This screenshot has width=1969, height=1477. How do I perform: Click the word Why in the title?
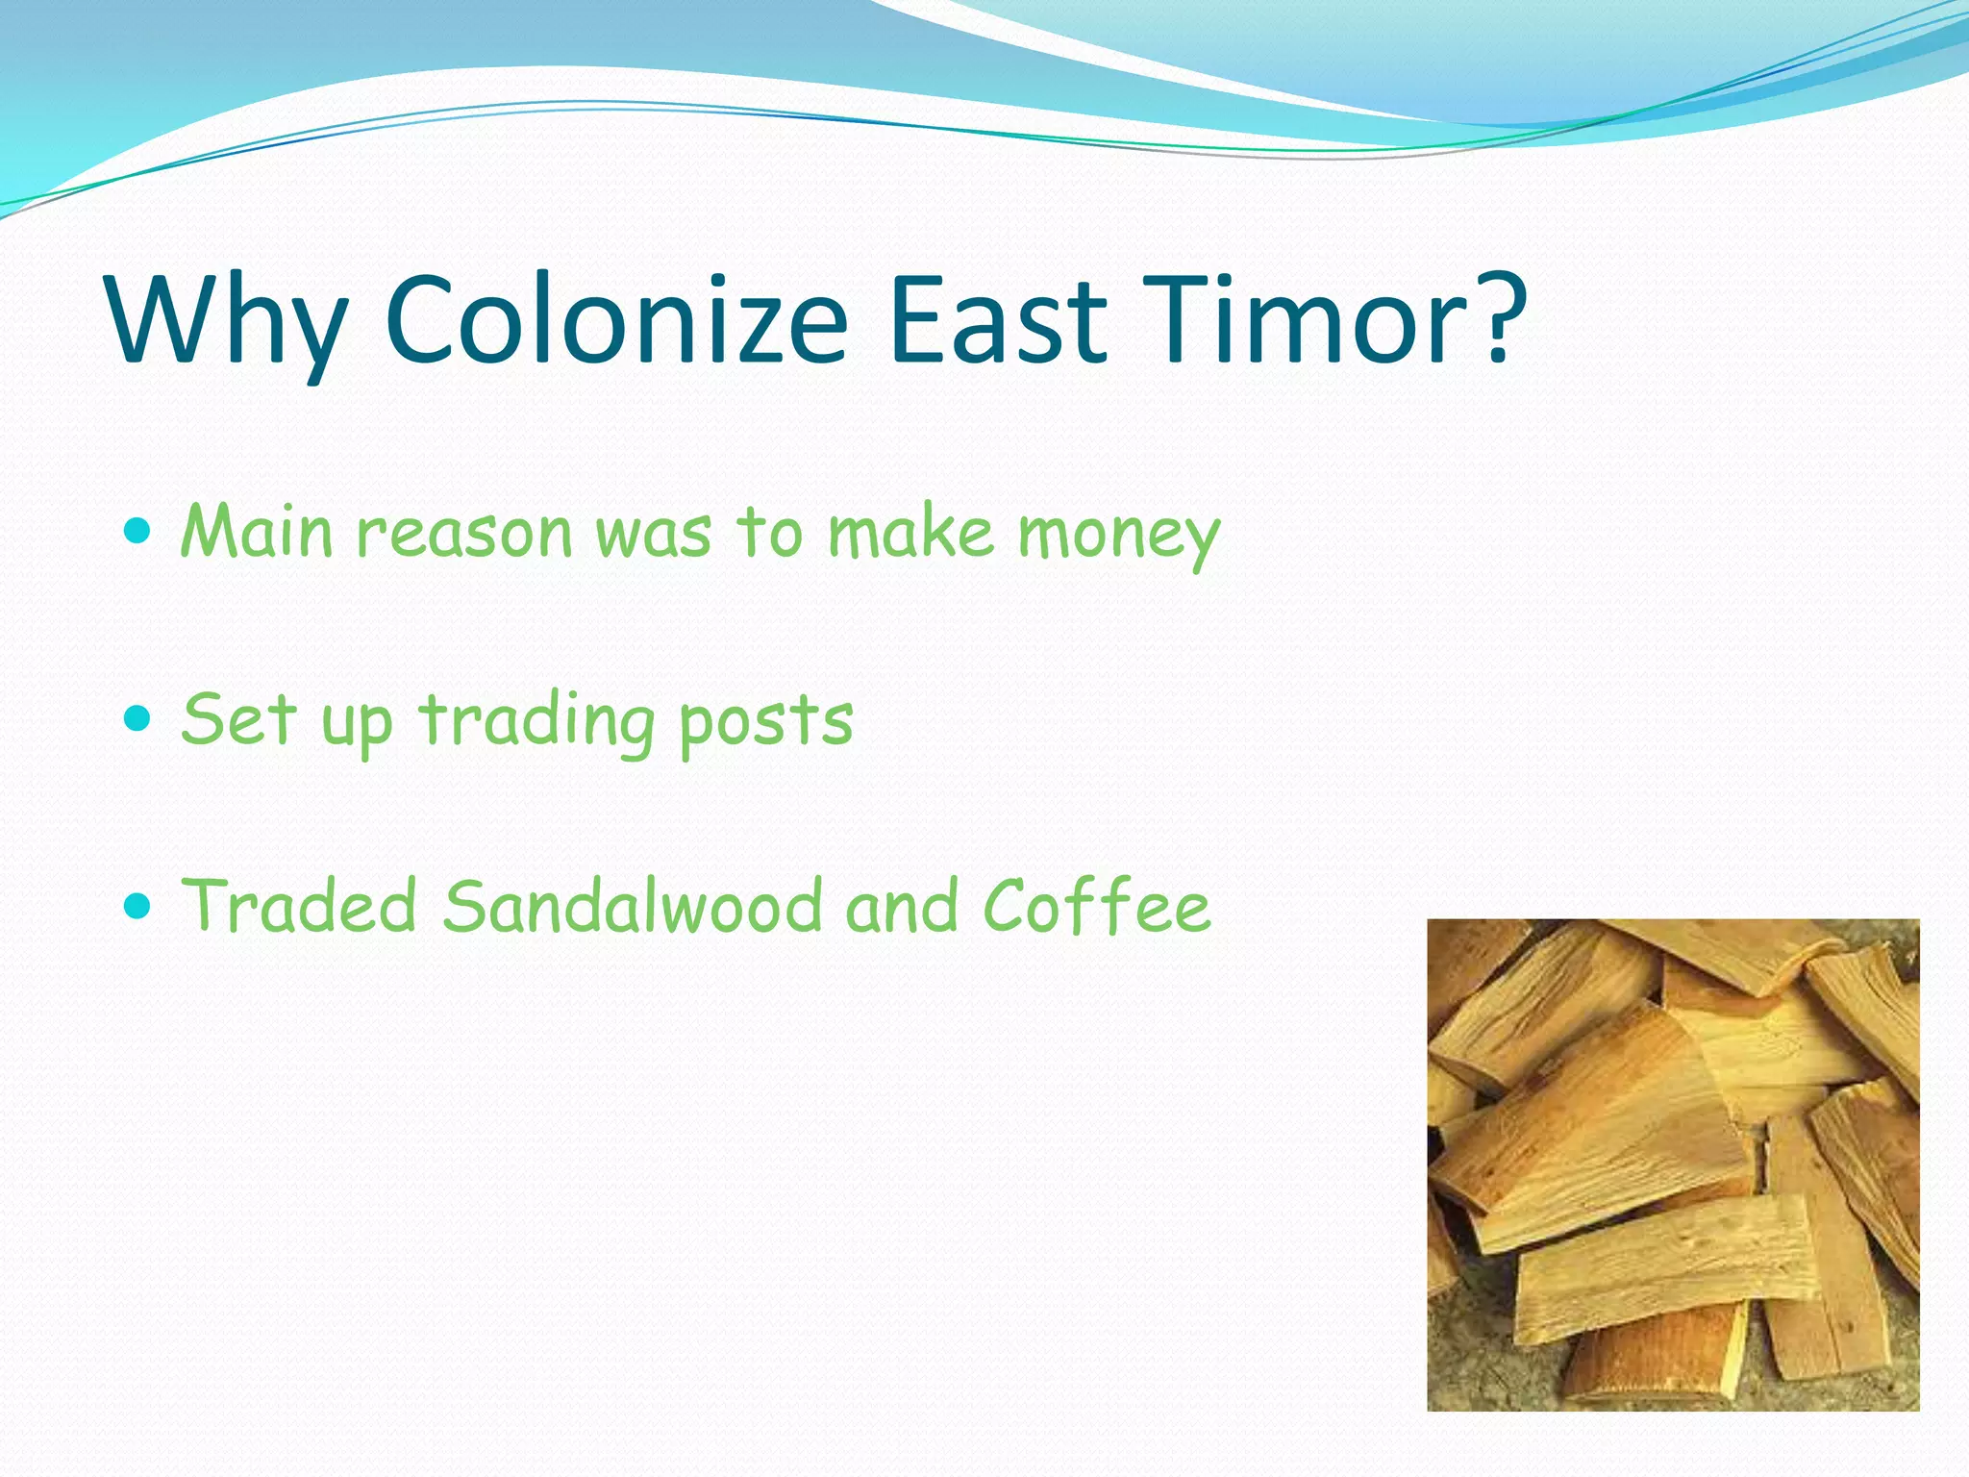pyautogui.click(x=227, y=322)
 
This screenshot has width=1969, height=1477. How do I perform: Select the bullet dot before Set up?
pyautogui.click(x=138, y=717)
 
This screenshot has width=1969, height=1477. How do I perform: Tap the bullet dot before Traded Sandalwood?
pyautogui.click(x=138, y=905)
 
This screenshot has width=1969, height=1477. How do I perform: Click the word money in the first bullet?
pyautogui.click(x=1119, y=535)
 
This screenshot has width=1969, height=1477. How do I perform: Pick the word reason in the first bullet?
pyautogui.click(x=464, y=533)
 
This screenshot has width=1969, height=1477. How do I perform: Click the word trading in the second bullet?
pyautogui.click(x=536, y=721)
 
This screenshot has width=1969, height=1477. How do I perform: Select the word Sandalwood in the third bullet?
pyautogui.click(x=633, y=906)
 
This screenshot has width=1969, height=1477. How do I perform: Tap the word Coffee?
pyautogui.click(x=1096, y=906)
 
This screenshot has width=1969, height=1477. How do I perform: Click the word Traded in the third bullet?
pyautogui.click(x=299, y=906)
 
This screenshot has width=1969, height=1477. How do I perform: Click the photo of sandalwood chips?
pyautogui.click(x=1672, y=1164)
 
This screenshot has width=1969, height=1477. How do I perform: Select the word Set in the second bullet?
pyautogui.click(x=237, y=719)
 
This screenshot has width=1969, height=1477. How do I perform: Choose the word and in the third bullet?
pyautogui.click(x=901, y=906)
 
